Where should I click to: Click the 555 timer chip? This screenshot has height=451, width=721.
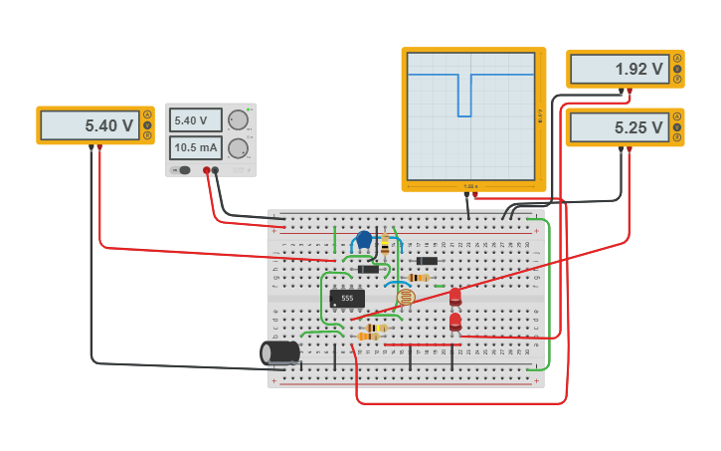(x=347, y=298)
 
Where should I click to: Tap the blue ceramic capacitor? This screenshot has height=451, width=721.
(x=364, y=240)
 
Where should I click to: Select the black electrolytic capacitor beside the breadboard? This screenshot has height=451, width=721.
(x=280, y=352)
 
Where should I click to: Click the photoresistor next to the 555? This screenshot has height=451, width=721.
(x=405, y=297)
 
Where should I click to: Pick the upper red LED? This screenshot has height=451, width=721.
(x=455, y=296)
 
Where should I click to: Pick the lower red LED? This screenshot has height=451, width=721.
(x=455, y=321)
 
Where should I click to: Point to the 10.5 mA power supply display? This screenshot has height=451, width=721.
(x=195, y=148)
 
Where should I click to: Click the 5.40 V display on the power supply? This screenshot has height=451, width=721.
(x=195, y=120)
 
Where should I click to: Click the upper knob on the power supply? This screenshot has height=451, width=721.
(x=238, y=120)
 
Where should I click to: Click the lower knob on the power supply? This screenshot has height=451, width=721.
(x=238, y=148)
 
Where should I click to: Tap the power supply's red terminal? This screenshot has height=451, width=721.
(x=207, y=170)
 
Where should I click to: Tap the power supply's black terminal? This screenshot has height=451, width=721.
(x=217, y=170)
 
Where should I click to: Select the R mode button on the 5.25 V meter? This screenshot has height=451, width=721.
(x=677, y=137)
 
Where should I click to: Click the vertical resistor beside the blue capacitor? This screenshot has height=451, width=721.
(x=385, y=244)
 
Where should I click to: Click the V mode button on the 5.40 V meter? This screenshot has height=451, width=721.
(x=147, y=125)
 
